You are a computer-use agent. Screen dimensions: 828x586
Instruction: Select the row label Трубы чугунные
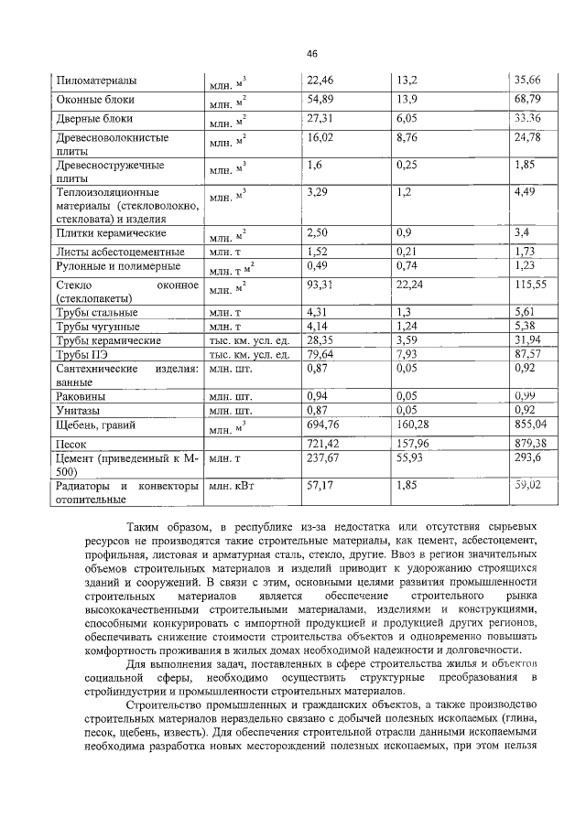tap(97, 326)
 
